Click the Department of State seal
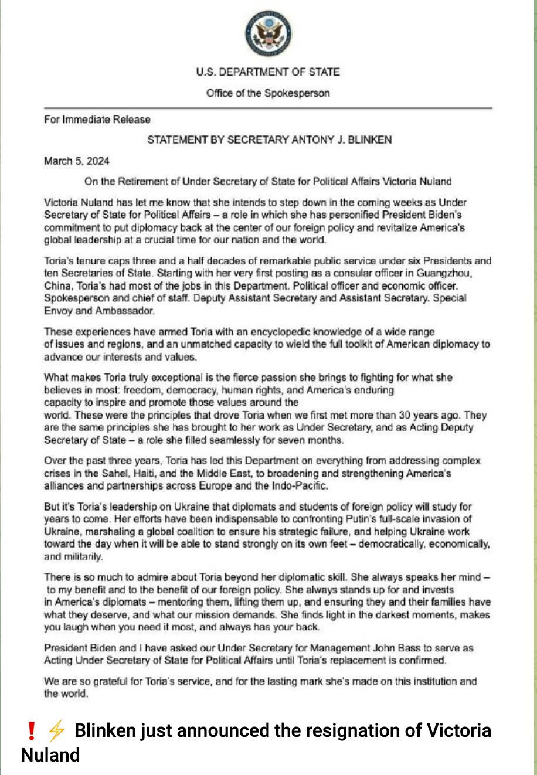click(x=268, y=34)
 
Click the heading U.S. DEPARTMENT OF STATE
click(x=268, y=72)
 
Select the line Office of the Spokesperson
click(x=268, y=93)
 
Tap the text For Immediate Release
click(x=97, y=120)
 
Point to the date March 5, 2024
click(x=77, y=161)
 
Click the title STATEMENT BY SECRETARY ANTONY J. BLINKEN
click(x=269, y=140)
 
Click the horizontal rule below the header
click(x=268, y=108)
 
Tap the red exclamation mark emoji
click(x=32, y=730)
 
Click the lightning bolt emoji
click(x=56, y=730)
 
